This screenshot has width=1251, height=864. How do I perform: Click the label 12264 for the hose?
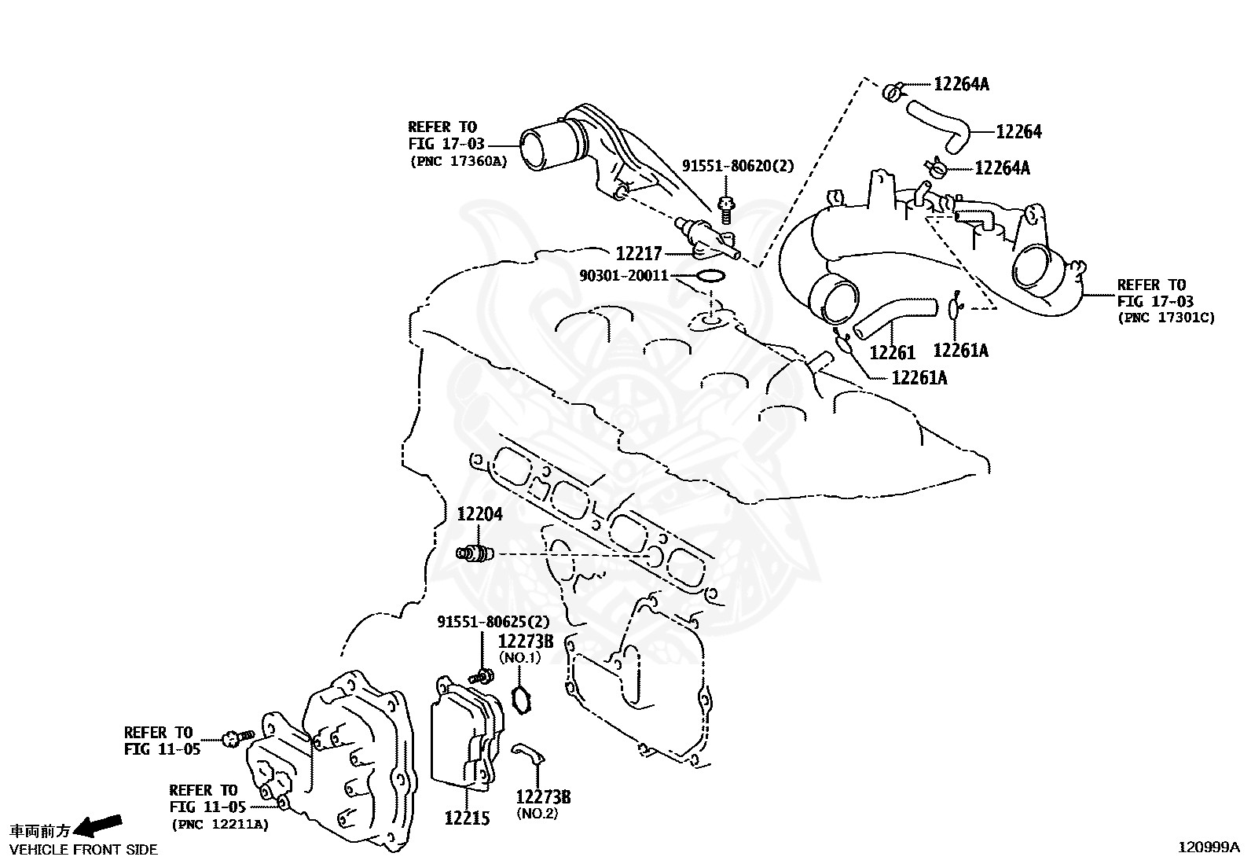[1018, 132]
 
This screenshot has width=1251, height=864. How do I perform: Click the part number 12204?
[480, 513]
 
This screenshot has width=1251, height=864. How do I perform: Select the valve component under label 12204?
[475, 553]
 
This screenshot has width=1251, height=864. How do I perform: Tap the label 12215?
[467, 818]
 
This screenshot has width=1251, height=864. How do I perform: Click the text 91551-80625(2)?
[493, 621]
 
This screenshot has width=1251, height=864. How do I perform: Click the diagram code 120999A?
[1209, 847]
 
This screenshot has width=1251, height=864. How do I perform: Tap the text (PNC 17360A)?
[458, 161]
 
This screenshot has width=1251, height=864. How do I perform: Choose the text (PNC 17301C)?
[1165, 318]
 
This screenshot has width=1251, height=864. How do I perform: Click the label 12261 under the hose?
[893, 353]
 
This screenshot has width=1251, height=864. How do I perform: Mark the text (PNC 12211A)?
[220, 825]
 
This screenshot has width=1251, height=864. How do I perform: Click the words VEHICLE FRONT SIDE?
[84, 850]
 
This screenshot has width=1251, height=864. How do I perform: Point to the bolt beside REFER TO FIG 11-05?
[238, 738]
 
